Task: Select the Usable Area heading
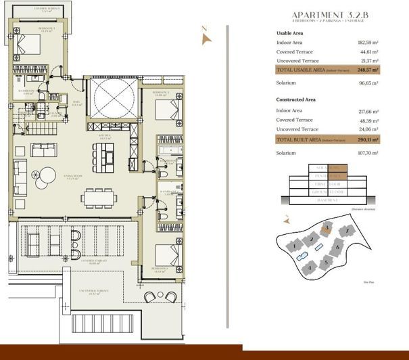[293, 33]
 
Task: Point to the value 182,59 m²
[368, 43]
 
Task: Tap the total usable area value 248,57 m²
[368, 70]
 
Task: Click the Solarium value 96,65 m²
[368, 83]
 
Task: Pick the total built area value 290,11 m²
[368, 139]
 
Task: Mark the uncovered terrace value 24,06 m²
[368, 129]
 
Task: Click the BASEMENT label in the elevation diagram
[327, 200]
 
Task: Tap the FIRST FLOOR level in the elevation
[327, 183]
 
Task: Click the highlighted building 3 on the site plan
[327, 229]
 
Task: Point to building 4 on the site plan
[308, 267]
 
